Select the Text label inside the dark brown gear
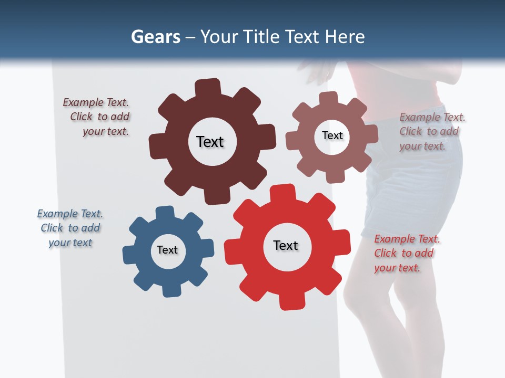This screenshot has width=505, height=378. (x=210, y=142)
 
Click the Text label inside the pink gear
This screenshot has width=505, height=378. (x=332, y=135)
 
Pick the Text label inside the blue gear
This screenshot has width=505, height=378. (x=167, y=250)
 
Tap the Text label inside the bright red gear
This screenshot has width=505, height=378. (x=286, y=245)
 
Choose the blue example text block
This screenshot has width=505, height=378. (x=70, y=228)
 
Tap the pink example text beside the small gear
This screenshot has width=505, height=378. (x=431, y=132)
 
